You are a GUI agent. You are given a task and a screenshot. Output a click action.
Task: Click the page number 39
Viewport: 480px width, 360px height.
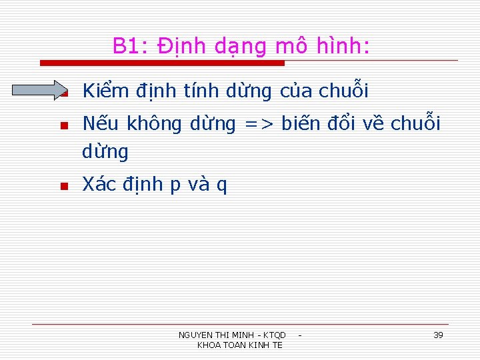438,335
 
